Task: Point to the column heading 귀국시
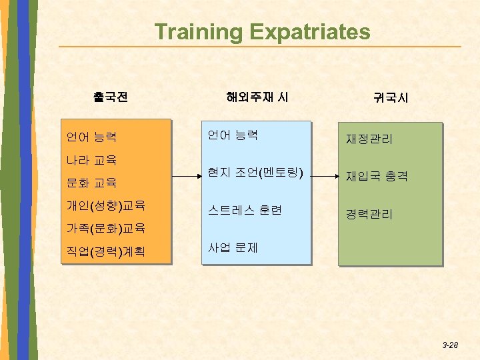click(391, 98)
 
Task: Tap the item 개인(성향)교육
click(106, 204)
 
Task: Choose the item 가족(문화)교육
click(106, 228)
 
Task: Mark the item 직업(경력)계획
click(106, 252)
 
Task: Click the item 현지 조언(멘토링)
click(255, 173)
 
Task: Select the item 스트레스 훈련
click(245, 210)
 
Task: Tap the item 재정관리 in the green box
click(369, 139)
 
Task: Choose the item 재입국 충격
click(377, 177)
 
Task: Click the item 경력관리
click(369, 214)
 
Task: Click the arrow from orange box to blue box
click(186, 177)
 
